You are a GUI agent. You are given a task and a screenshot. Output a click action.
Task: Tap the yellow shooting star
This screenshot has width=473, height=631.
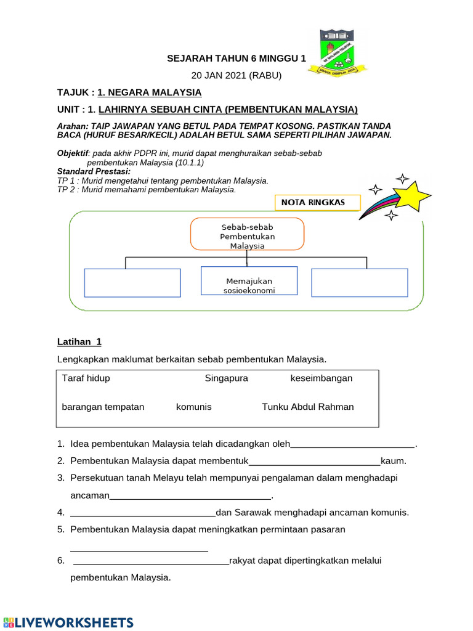[413, 195]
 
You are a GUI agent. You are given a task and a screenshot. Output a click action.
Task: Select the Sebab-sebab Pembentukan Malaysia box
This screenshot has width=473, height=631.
[248, 234]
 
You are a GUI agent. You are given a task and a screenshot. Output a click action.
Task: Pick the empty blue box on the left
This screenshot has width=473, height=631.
[132, 283]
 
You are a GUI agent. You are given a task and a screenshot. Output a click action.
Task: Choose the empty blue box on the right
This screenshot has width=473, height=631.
[359, 283]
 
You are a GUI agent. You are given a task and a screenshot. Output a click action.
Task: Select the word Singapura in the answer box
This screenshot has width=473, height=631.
[227, 378]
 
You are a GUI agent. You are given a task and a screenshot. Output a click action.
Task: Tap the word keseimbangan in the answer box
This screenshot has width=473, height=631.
[321, 378]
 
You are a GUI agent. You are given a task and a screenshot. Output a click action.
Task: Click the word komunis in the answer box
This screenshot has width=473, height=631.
[194, 407]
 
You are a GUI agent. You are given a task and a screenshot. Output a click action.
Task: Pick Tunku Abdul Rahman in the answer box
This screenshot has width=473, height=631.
[308, 407]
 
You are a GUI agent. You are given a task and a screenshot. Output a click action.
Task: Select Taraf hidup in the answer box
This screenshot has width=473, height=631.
[86, 378]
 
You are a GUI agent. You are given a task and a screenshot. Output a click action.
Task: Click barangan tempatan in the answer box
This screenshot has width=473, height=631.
[103, 407]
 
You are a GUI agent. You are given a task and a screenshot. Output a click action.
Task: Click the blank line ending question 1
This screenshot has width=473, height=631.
[352, 445]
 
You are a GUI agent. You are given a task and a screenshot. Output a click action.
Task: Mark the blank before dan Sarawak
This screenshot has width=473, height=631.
[143, 513]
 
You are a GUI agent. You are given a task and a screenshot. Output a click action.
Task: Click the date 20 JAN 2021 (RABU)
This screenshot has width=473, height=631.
[236, 75]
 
